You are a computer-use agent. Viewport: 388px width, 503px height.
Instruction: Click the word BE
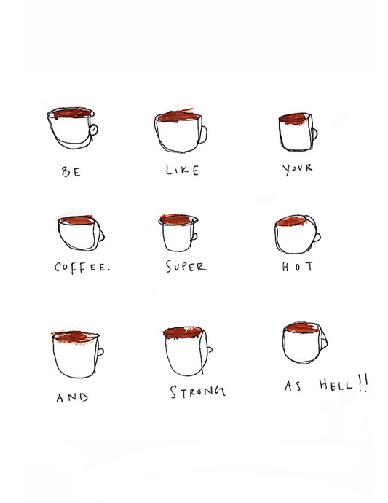coord(71,171)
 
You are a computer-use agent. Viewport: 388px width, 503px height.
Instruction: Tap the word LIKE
coord(182,170)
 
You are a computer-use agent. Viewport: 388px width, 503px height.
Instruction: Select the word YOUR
coord(297,169)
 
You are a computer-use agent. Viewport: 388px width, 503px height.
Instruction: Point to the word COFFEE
coord(82,268)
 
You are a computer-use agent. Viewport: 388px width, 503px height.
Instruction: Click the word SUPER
coord(186,266)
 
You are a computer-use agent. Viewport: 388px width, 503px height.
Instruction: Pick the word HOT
coord(297,266)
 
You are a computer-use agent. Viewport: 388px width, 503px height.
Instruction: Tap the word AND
coord(72,397)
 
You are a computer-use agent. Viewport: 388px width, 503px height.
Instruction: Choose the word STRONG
coord(197,391)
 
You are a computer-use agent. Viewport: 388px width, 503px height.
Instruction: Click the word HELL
coord(336,384)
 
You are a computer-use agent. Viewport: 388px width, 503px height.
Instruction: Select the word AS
coord(293,386)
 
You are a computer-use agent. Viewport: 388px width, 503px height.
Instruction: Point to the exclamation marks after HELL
coord(363,383)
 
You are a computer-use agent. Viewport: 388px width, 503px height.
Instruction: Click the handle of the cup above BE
coord(94,130)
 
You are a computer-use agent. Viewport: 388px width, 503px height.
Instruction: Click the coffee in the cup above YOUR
coord(294,118)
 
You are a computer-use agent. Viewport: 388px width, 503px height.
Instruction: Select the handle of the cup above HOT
coord(318,238)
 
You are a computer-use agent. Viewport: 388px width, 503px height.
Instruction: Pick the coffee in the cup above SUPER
coord(176,219)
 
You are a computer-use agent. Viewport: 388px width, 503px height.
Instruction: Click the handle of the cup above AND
coord(100,352)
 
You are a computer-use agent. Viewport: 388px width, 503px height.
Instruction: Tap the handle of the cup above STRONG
coord(210,349)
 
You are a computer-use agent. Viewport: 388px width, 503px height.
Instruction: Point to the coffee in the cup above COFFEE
coord(77,220)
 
